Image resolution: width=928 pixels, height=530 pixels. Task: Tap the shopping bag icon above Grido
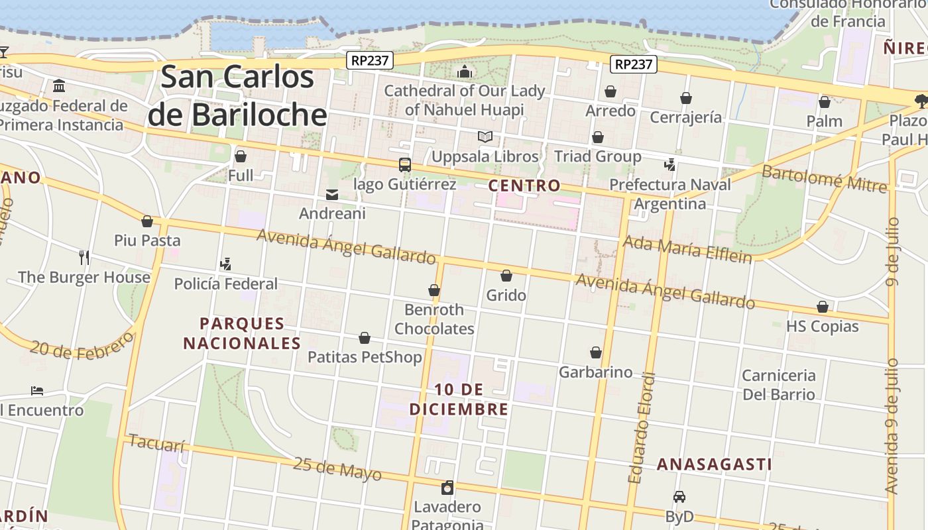[506, 276]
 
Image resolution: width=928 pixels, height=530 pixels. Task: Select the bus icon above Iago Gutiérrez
[404, 165]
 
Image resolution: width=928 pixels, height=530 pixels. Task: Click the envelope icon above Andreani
[332, 195]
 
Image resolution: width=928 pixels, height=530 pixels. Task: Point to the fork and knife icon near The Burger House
[84, 257]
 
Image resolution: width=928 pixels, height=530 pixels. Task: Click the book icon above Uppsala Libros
[485, 137]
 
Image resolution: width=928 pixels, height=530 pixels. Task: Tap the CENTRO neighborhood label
[524, 185]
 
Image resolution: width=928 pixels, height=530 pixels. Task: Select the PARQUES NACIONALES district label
[242, 333]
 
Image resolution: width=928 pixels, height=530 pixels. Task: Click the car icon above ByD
[679, 497]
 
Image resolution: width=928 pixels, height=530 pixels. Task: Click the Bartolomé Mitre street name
[823, 178]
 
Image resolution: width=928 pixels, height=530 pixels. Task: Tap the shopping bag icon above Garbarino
[596, 352]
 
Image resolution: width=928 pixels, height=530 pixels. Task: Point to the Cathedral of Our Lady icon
[465, 72]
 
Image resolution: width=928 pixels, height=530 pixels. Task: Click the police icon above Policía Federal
[225, 264]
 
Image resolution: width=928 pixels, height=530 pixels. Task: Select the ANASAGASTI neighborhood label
[714, 464]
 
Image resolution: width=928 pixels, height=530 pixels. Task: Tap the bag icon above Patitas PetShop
[365, 339]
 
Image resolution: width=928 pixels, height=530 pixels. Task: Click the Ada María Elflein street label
[687, 250]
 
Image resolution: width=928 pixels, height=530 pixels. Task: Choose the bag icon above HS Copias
[823, 307]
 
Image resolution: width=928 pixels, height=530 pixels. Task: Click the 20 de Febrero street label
[81, 346]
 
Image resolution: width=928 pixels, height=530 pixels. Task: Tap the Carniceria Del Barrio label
[779, 385]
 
